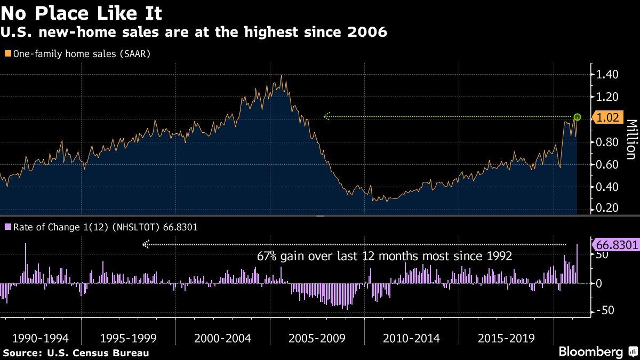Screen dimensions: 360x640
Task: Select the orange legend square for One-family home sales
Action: click(7, 53)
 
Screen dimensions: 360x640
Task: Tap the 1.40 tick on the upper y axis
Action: click(607, 74)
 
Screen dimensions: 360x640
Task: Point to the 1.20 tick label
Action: click(607, 97)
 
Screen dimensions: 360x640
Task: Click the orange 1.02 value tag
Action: click(609, 118)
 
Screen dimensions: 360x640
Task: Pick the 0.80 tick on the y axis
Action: click(607, 142)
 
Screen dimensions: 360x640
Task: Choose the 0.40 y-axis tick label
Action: click(607, 187)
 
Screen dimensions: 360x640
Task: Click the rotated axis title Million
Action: click(630, 139)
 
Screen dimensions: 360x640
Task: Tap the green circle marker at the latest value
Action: click(577, 117)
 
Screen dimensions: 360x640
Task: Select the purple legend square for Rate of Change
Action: click(7, 227)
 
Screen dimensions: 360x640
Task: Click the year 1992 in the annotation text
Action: click(499, 257)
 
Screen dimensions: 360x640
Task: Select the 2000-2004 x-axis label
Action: click(223, 338)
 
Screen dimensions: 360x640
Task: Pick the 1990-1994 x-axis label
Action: click(41, 338)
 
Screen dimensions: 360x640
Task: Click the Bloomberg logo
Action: click(591, 352)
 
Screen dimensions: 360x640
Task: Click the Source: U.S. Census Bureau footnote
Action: click(76, 353)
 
